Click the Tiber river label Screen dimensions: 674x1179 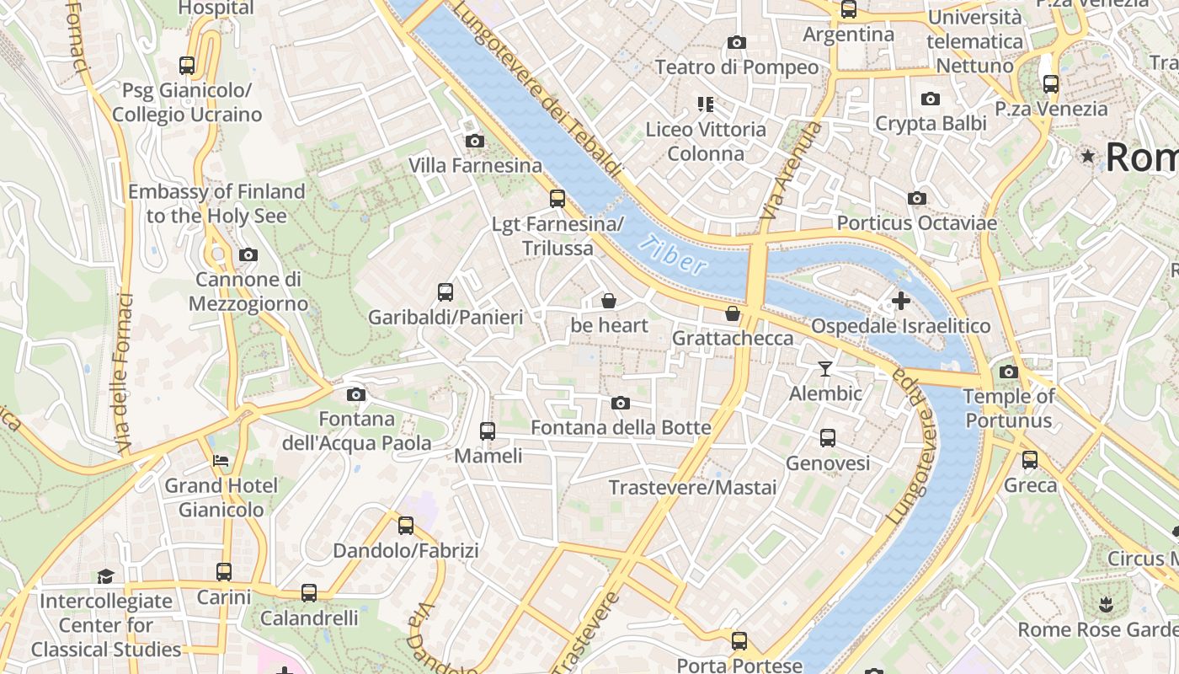[x=672, y=255]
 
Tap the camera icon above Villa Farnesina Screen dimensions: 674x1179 [x=475, y=141]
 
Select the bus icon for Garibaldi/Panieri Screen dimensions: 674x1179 [x=445, y=292]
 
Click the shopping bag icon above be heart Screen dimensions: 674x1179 [x=609, y=301]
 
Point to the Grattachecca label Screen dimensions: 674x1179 [x=733, y=338]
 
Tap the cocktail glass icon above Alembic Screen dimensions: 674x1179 [x=825, y=369]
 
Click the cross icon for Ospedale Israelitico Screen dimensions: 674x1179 [x=901, y=300]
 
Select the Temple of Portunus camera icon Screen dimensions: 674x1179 [x=1008, y=372]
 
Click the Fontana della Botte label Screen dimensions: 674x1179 [x=621, y=428]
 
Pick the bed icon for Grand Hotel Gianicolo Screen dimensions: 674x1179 [x=221, y=461]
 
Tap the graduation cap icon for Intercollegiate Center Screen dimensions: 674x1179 [x=105, y=576]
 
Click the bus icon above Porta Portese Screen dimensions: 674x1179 [x=739, y=640]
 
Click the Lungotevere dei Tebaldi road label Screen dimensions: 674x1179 [x=539, y=88]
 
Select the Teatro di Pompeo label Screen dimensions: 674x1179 [x=737, y=67]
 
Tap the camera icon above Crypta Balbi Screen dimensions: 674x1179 [x=931, y=99]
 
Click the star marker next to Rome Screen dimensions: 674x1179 [x=1088, y=156]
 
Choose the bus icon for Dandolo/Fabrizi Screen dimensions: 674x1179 [x=406, y=526]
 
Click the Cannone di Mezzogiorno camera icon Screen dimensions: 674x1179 [x=248, y=254]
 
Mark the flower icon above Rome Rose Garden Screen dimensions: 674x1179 [x=1105, y=604]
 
